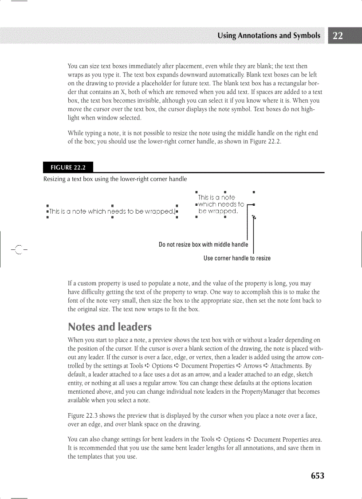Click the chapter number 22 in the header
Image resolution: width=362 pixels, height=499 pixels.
point(338,36)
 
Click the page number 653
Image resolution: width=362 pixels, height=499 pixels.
point(317,476)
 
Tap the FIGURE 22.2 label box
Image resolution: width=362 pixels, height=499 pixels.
point(68,168)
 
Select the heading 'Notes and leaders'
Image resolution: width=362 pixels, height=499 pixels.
point(110,327)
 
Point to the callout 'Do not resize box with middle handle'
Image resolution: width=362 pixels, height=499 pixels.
point(203,244)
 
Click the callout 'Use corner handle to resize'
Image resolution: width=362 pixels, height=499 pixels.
point(237,258)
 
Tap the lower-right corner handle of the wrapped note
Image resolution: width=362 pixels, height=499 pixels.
point(253,217)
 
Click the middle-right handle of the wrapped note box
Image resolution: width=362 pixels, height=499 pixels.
point(253,204)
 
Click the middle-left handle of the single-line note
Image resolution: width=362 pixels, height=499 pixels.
point(47,212)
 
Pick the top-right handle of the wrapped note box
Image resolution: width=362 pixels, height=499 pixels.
point(253,192)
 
